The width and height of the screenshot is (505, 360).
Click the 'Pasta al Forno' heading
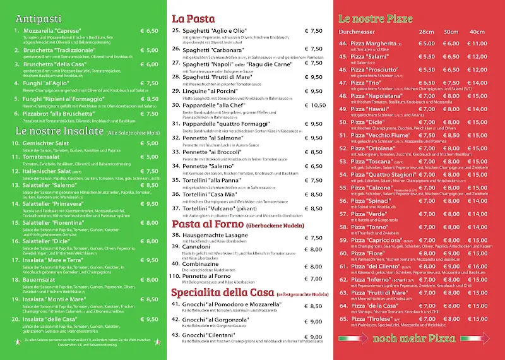(x=208, y=224)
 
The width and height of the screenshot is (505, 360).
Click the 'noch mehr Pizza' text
(x=419, y=338)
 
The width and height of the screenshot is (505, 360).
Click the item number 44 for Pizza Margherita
(x=343, y=44)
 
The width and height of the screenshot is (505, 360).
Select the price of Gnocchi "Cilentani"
(x=313, y=335)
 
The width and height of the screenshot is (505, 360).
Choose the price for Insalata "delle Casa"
(x=149, y=319)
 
